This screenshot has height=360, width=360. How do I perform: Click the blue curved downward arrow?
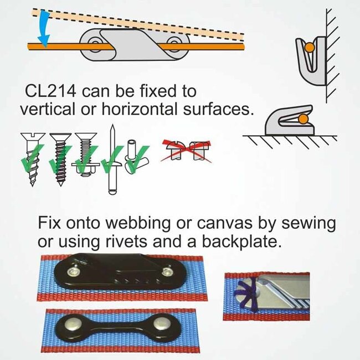point(44,28)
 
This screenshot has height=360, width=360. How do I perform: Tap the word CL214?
point(50,91)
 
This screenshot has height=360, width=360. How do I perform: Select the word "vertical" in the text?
point(48,109)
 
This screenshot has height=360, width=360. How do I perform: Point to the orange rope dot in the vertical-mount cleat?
point(310,47)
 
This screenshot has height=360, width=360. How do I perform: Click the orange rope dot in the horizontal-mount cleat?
point(304,119)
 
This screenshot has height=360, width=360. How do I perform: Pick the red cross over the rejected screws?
point(186,151)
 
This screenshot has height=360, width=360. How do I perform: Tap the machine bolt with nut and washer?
point(86,155)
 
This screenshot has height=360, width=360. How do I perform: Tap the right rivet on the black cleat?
point(167,272)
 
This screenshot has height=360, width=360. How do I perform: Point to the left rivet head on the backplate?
point(72,325)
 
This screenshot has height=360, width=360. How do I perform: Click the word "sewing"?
point(308,223)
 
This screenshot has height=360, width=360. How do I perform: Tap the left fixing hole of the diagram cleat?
point(94,43)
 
